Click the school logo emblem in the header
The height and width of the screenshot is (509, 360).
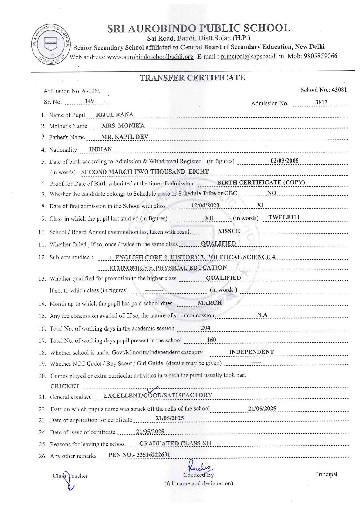click(x=51, y=44)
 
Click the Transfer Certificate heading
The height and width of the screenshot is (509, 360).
click(x=192, y=78)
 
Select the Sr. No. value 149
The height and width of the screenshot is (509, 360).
click(x=89, y=101)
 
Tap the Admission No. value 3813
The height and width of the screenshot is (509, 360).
click(x=321, y=102)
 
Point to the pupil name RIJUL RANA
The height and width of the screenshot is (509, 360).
click(x=114, y=115)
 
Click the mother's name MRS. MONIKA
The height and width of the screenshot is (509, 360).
click(x=123, y=126)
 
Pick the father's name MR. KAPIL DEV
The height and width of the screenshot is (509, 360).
click(x=125, y=137)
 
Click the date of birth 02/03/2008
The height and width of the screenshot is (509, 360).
click(x=284, y=161)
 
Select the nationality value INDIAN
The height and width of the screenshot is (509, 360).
click(x=100, y=149)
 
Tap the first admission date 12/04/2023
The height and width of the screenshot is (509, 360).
click(x=205, y=205)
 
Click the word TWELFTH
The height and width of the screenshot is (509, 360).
click(x=284, y=217)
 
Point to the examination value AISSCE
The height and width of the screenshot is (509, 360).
click(x=228, y=231)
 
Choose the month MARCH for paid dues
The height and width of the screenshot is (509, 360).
click(x=210, y=303)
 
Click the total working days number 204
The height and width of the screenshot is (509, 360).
click(x=205, y=328)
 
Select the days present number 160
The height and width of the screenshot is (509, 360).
click(x=211, y=340)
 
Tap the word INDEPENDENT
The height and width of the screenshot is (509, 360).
click(x=251, y=352)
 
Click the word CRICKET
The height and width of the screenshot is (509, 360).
click(x=65, y=386)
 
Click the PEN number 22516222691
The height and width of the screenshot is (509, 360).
click(x=153, y=455)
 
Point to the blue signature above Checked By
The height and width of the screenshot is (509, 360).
click(x=199, y=466)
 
